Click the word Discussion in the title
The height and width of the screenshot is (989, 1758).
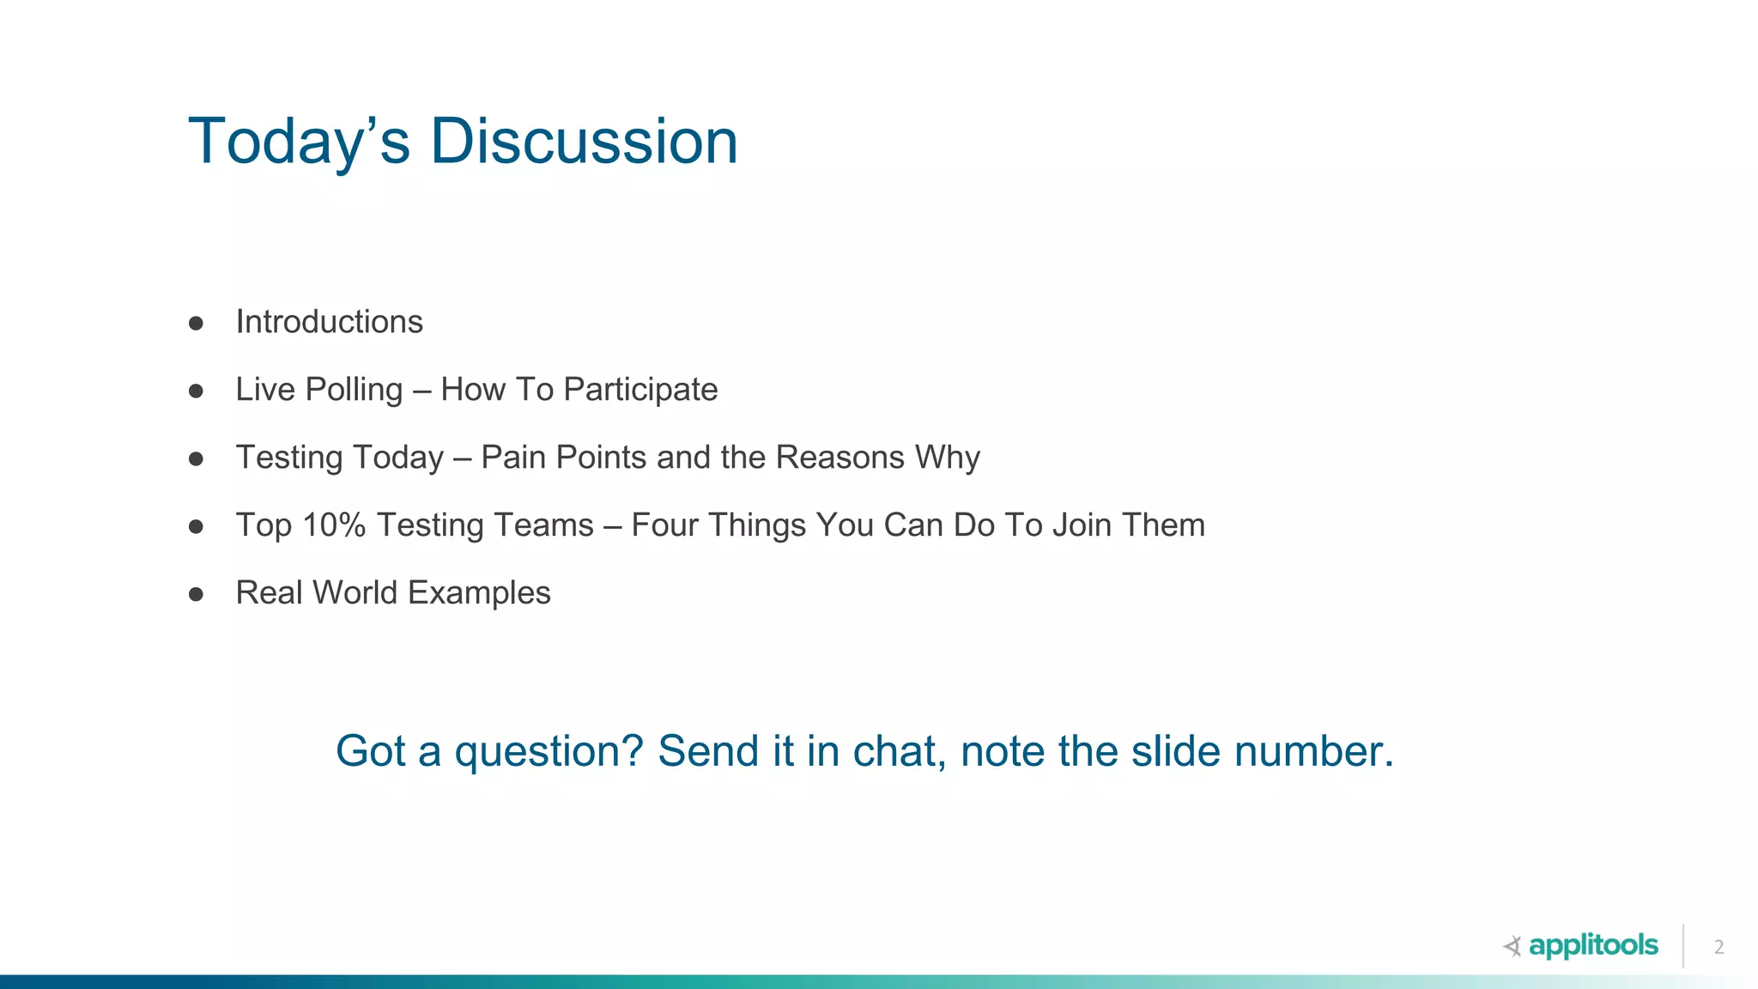(x=583, y=142)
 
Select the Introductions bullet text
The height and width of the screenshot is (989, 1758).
(x=329, y=322)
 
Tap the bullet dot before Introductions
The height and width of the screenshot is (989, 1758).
(x=196, y=324)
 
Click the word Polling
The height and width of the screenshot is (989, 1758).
(x=354, y=390)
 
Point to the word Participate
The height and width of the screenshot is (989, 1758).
(x=640, y=390)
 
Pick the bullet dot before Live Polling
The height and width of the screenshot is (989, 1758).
(x=196, y=391)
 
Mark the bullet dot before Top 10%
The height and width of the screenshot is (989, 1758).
(x=196, y=526)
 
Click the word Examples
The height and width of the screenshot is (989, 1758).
(x=479, y=593)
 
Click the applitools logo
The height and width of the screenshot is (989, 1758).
(x=1581, y=946)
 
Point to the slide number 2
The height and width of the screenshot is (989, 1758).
(x=1719, y=947)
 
